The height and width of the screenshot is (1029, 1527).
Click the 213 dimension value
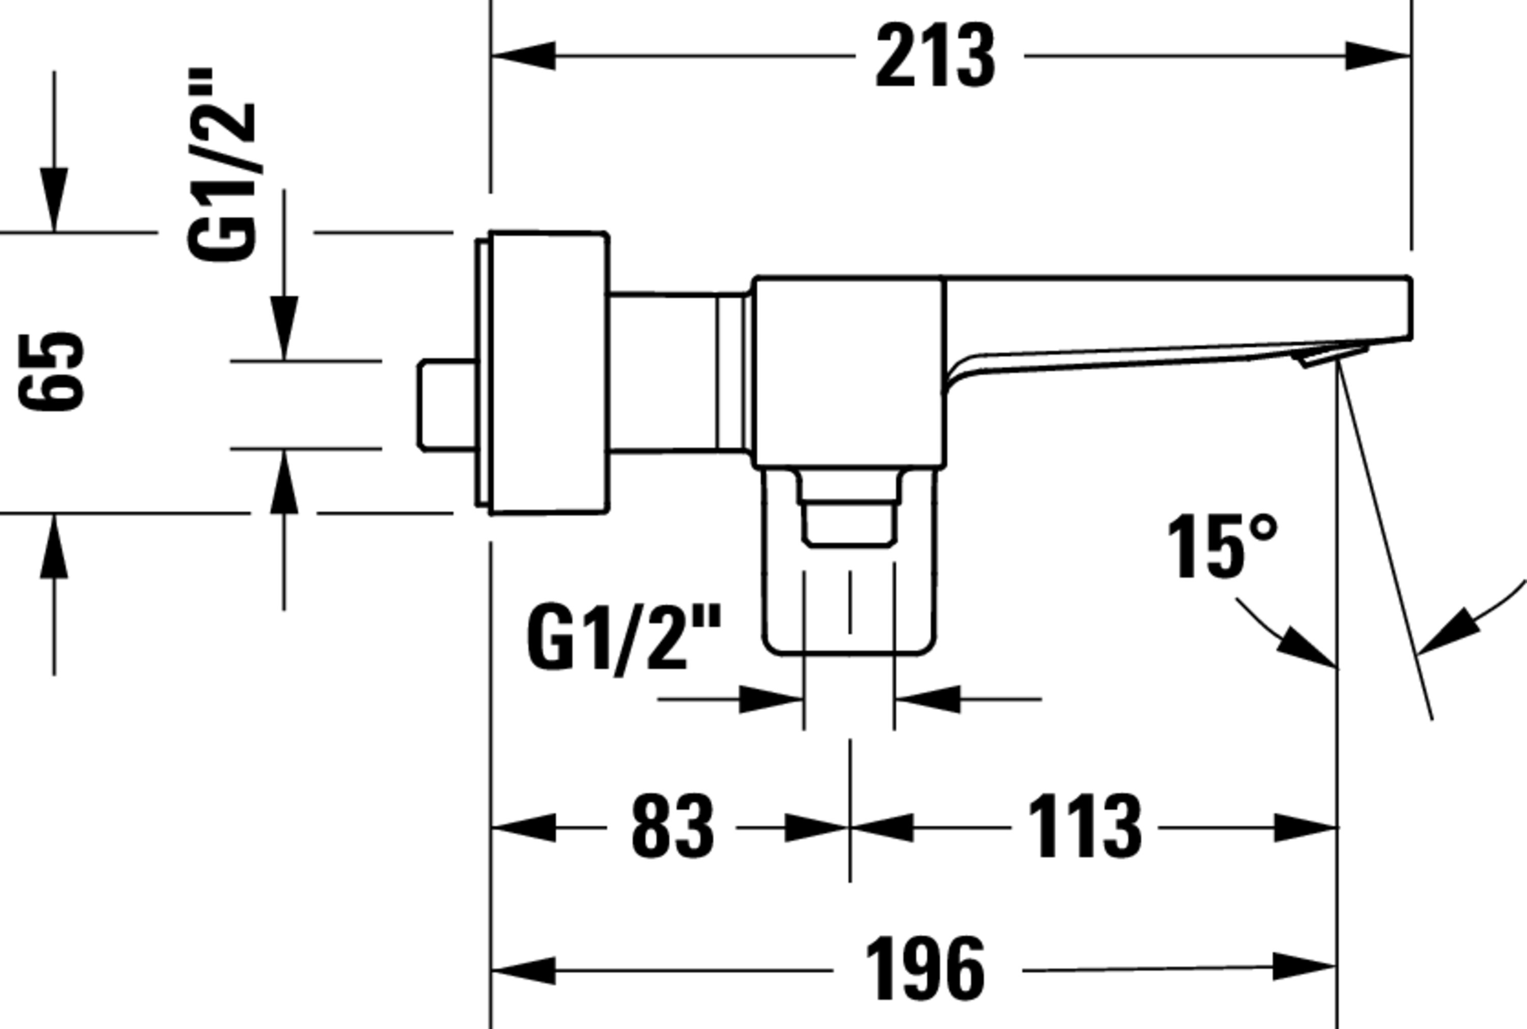click(x=936, y=56)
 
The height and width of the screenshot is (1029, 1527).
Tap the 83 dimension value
click(x=672, y=828)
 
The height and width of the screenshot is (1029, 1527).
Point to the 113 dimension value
click(x=1085, y=828)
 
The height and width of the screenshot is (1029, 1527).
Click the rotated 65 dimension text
click(x=51, y=372)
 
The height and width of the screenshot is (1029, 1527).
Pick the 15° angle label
click(x=1221, y=547)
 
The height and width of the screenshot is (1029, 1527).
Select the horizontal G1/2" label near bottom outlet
click(x=624, y=638)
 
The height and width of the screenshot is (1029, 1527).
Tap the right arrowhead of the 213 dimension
click(x=1377, y=56)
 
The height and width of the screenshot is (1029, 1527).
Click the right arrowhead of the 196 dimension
click(x=1303, y=966)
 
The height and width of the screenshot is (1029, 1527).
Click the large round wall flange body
click(x=549, y=372)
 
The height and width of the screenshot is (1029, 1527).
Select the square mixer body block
click(x=849, y=372)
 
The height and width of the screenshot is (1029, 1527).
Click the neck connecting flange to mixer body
click(x=676, y=373)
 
